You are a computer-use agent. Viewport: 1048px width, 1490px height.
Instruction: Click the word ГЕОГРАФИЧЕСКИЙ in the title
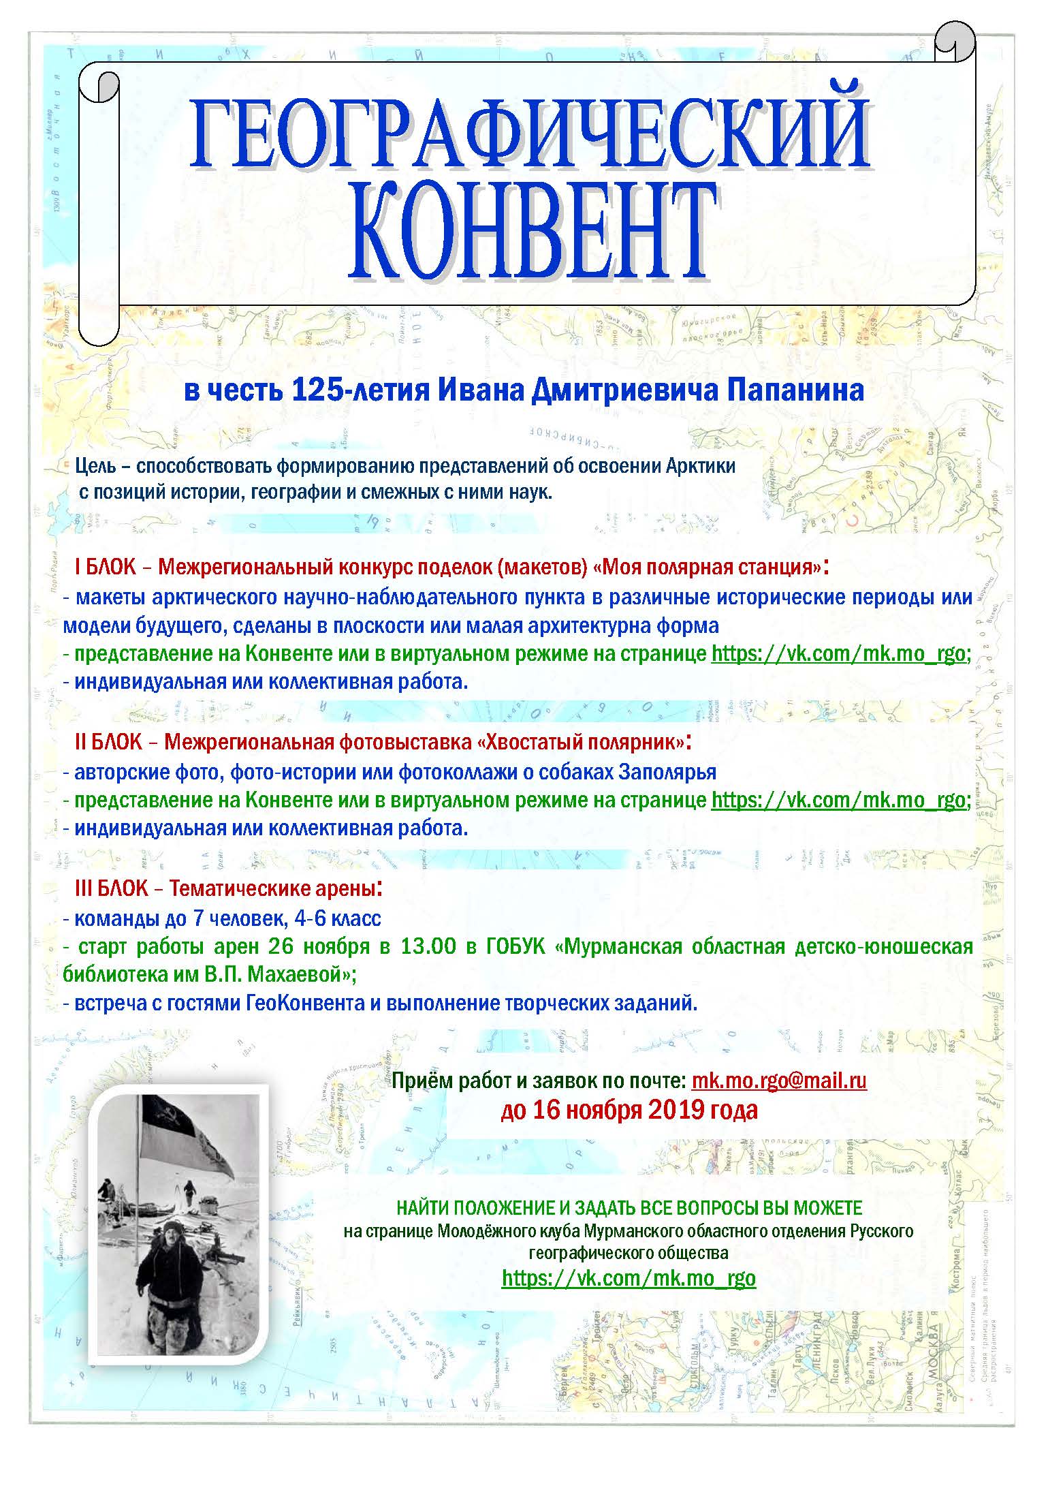click(530, 134)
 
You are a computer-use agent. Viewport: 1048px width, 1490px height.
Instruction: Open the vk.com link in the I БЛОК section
click(838, 653)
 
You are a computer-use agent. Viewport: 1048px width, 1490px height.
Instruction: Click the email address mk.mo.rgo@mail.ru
click(779, 1080)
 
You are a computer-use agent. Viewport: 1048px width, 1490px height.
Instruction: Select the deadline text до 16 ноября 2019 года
click(629, 1110)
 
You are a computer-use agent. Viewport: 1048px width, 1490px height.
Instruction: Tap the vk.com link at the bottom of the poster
click(629, 1277)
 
